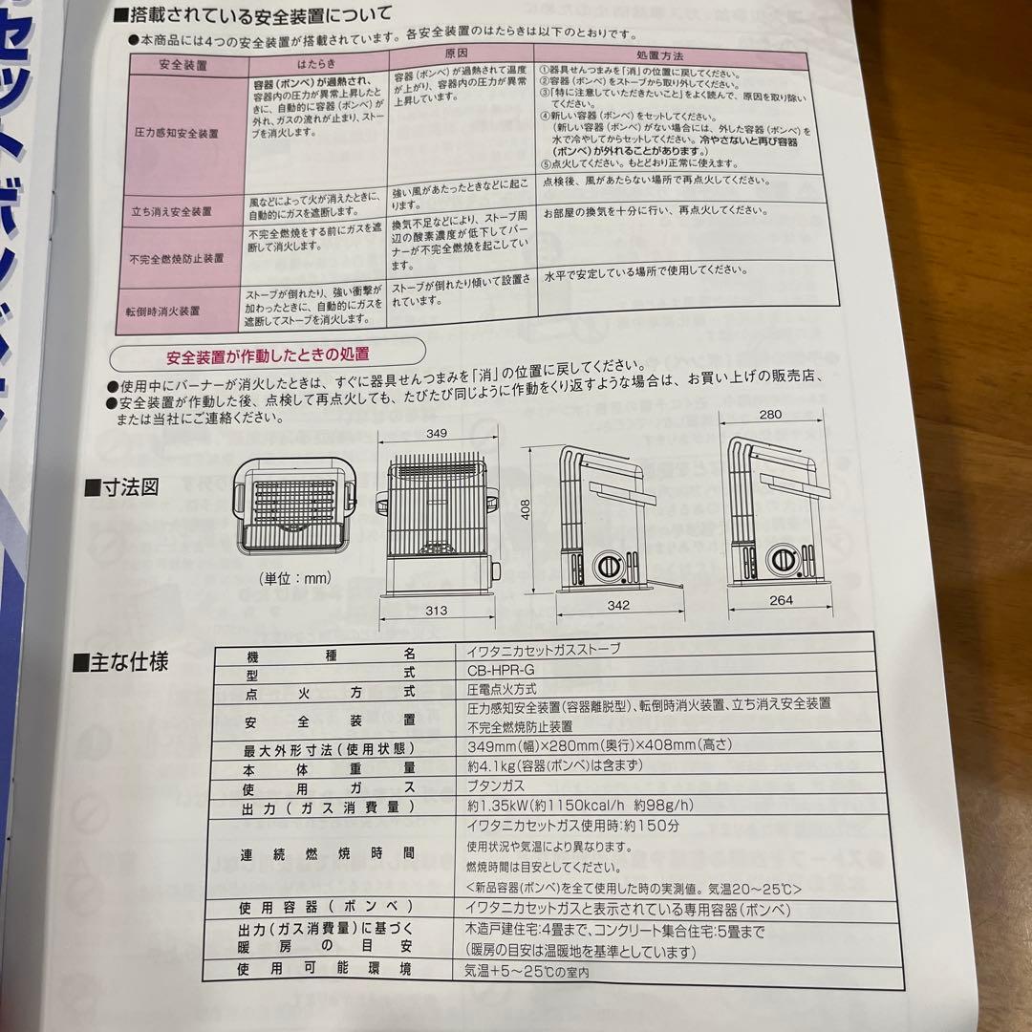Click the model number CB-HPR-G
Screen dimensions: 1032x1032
tap(495, 669)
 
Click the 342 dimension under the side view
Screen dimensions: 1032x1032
tap(620, 606)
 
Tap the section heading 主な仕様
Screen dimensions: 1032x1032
tap(128, 661)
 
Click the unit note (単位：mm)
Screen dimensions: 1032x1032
tap(295, 578)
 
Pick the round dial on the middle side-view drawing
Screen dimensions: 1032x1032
tap(608, 567)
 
